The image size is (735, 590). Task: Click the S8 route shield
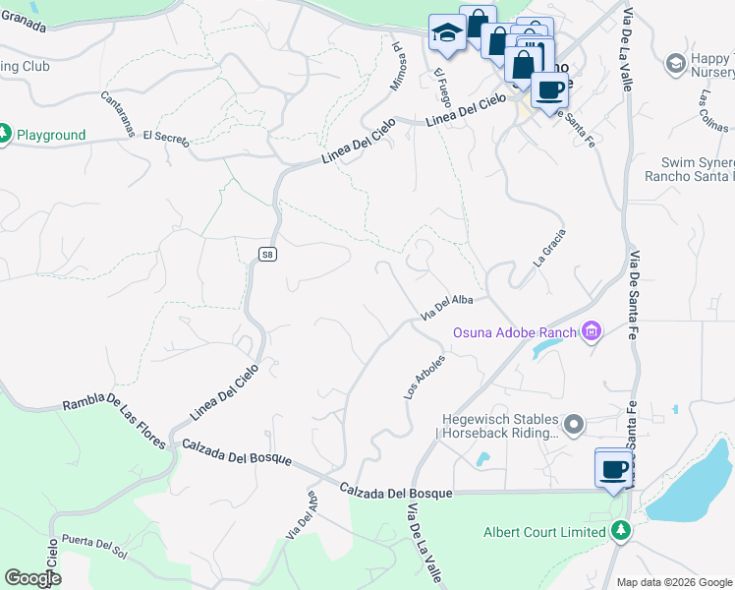click(x=267, y=254)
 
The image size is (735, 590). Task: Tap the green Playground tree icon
click(x=4, y=134)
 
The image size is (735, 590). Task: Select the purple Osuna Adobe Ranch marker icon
click(x=591, y=332)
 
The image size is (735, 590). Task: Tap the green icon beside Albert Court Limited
click(x=620, y=532)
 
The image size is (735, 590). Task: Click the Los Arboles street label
click(x=425, y=377)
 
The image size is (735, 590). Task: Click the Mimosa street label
click(x=398, y=66)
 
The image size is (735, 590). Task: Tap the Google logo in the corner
click(x=32, y=578)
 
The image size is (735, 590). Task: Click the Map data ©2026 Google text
click(x=674, y=582)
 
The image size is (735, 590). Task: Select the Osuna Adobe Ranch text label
click(x=513, y=332)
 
